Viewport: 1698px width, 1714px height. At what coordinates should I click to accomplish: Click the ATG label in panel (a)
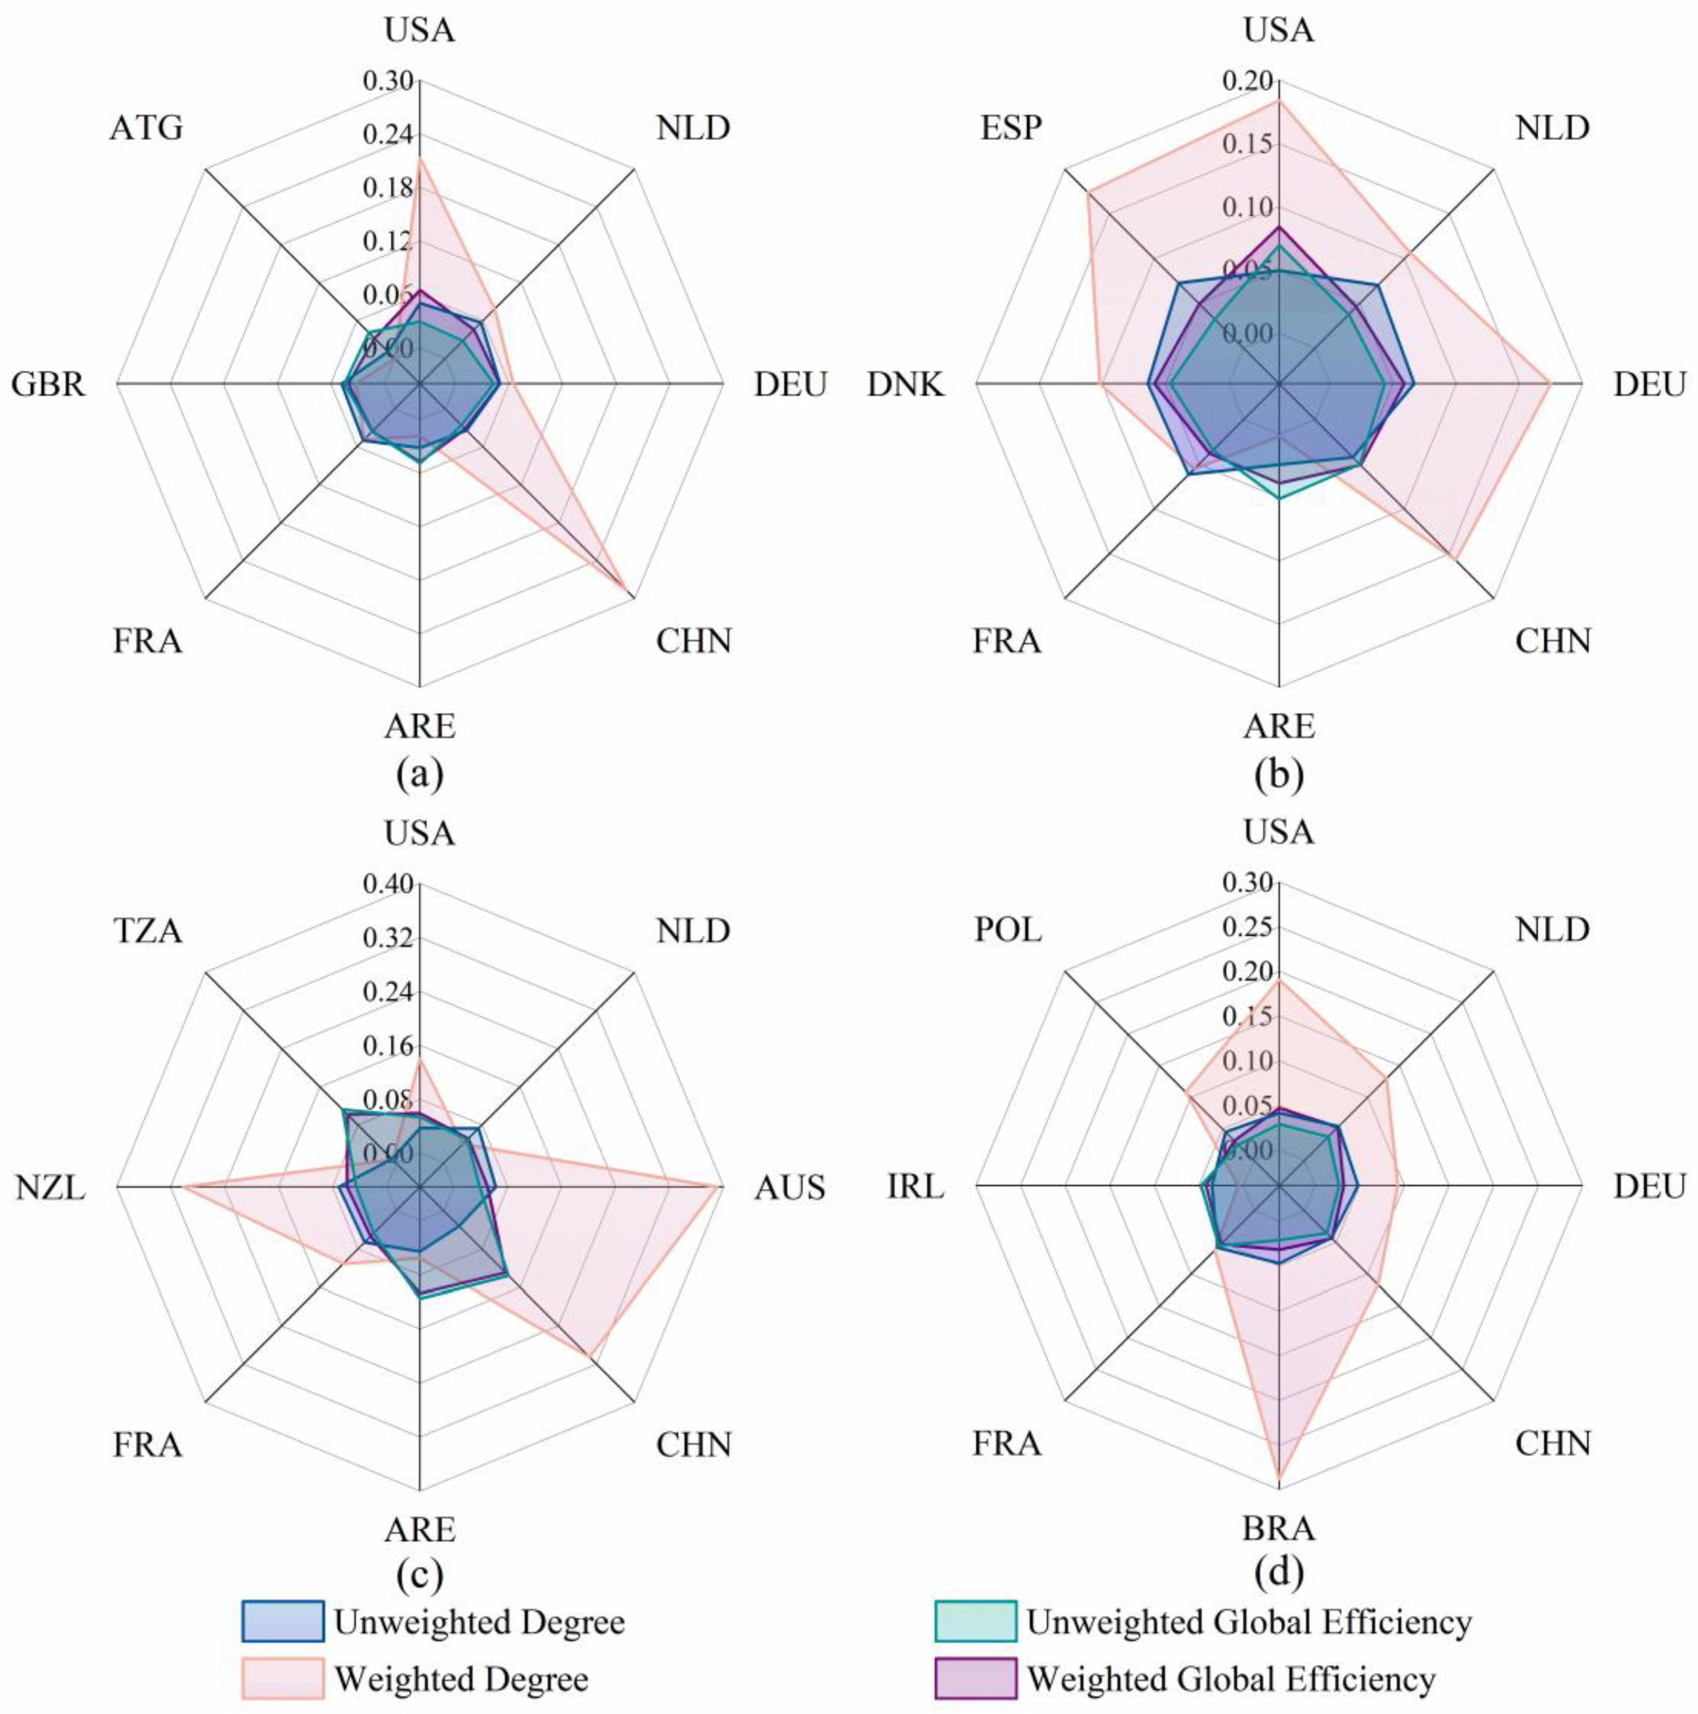146,129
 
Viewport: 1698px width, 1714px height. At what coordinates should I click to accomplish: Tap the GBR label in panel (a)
49,385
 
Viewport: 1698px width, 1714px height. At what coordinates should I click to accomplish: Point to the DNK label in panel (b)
906,385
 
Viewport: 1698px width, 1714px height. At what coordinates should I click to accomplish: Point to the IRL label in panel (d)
916,1187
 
